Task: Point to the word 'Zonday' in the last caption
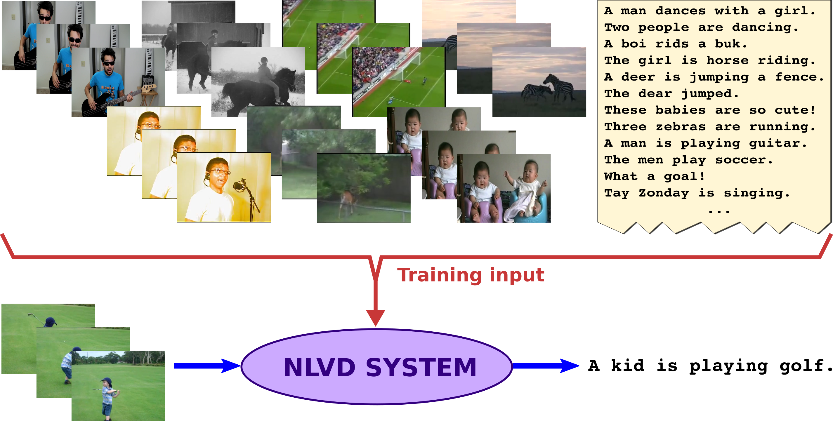[664, 193]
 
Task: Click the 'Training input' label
[471, 276]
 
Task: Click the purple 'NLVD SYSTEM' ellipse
[376, 367]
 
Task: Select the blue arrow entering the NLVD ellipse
[207, 366]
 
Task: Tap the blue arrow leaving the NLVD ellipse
[546, 366]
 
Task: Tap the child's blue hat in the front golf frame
[106, 381]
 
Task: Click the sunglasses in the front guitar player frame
[109, 63]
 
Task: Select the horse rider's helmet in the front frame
[264, 60]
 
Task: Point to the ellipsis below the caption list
[719, 212]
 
